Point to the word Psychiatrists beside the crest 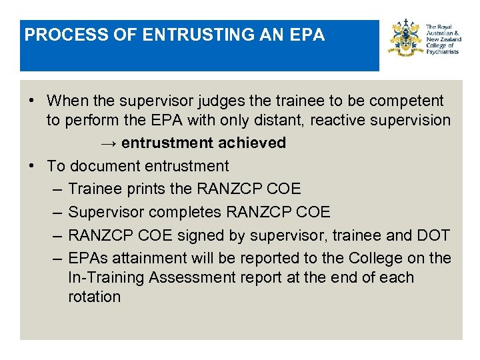443,52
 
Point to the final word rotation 94,297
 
